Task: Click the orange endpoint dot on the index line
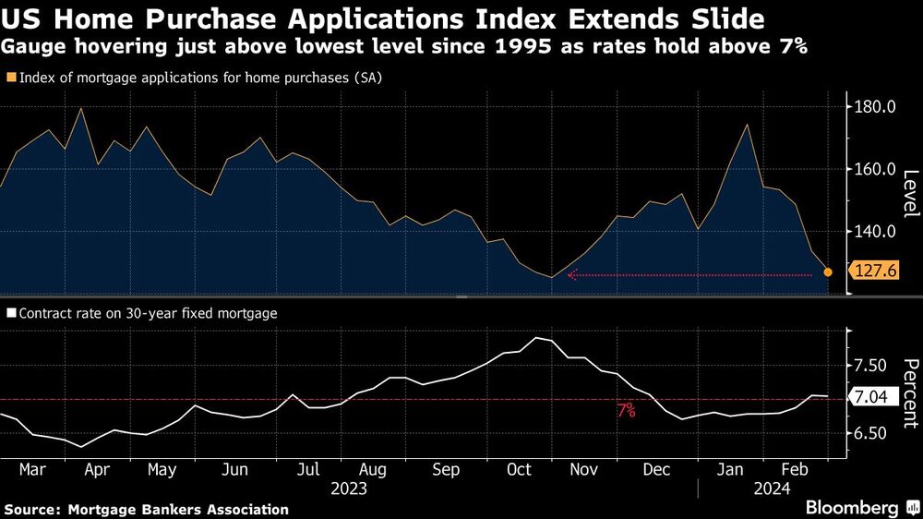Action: tap(828, 272)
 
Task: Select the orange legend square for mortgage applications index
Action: tap(10, 78)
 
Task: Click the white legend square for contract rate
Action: tap(10, 314)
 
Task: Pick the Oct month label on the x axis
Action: tap(520, 469)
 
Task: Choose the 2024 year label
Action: tap(772, 489)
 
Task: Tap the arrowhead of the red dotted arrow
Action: tap(571, 274)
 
